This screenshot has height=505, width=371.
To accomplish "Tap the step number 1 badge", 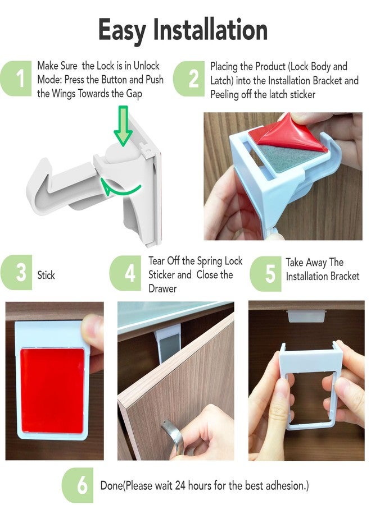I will point(19,79).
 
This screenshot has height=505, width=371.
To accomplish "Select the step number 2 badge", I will point(192,79).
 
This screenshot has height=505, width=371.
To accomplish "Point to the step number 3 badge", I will point(19,273).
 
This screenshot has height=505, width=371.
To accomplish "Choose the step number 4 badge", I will point(129,273).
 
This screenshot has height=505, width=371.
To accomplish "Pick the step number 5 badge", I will point(268,274).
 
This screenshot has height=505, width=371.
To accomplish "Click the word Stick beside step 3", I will point(46,276).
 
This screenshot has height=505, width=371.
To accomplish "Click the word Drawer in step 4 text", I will point(162,289).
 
